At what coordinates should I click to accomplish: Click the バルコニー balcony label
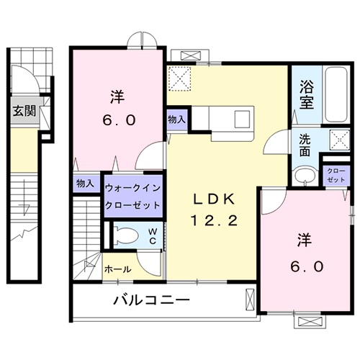pos(150,300)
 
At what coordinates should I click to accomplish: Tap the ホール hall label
pos(117,269)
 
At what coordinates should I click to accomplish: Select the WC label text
pos(153,236)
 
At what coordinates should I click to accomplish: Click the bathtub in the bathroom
pos(334,94)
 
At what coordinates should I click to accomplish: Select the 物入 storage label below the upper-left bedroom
pos(86,184)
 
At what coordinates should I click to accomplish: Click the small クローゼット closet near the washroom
pos(335,174)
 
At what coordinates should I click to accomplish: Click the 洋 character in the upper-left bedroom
pos(117,96)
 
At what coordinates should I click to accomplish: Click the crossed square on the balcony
pos(250,297)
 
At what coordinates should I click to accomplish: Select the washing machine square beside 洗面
pos(336,140)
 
